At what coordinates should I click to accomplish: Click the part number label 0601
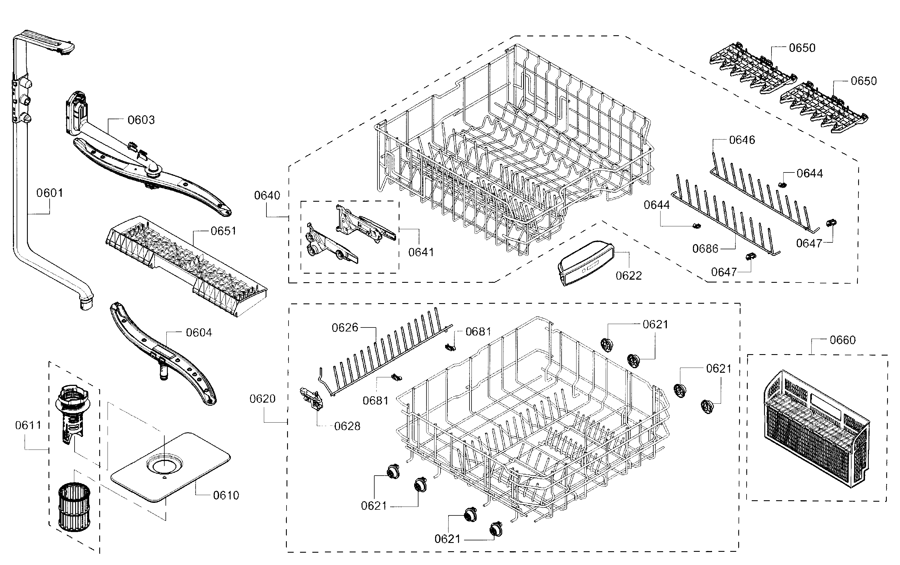49,193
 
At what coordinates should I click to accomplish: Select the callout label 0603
141,120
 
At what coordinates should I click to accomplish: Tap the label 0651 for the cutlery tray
223,231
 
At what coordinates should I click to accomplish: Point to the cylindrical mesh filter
73,506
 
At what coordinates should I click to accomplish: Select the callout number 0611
28,425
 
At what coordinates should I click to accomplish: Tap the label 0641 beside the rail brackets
421,252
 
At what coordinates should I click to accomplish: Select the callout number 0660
842,340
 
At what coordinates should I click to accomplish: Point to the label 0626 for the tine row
345,328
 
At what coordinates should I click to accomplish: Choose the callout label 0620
262,399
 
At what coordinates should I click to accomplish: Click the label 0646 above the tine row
742,140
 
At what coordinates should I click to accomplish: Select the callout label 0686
705,249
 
